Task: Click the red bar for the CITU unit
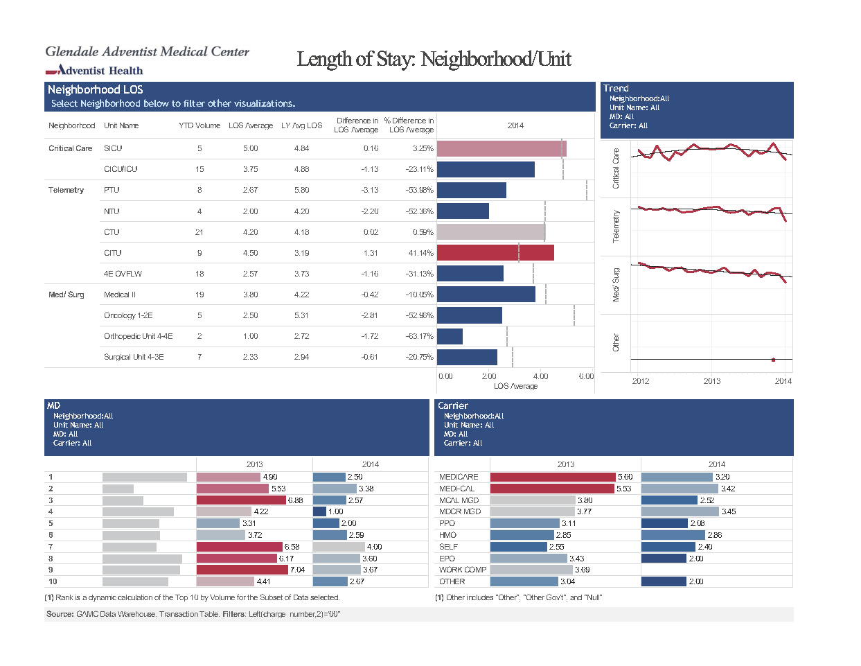[x=495, y=253]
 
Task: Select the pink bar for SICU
[x=501, y=149]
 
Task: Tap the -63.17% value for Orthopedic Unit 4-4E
[x=419, y=336]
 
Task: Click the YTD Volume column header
[x=199, y=125]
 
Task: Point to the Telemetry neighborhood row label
[x=66, y=190]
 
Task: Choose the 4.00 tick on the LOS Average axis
[x=540, y=376]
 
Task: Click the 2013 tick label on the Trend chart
[x=711, y=381]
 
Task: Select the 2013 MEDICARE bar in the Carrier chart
[x=553, y=477]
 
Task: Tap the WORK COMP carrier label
[x=463, y=570]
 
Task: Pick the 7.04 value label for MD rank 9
[x=297, y=570]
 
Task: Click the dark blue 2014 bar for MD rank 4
[x=319, y=511]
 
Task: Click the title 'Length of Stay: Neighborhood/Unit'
[x=434, y=59]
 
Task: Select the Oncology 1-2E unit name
[x=128, y=315]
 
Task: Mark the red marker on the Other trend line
[x=773, y=360]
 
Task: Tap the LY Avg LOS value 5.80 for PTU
[x=301, y=190]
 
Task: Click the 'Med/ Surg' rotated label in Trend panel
[x=615, y=285]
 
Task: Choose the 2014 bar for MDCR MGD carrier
[x=680, y=511]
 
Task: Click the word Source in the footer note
[x=60, y=614]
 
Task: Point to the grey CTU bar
[x=491, y=232]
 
